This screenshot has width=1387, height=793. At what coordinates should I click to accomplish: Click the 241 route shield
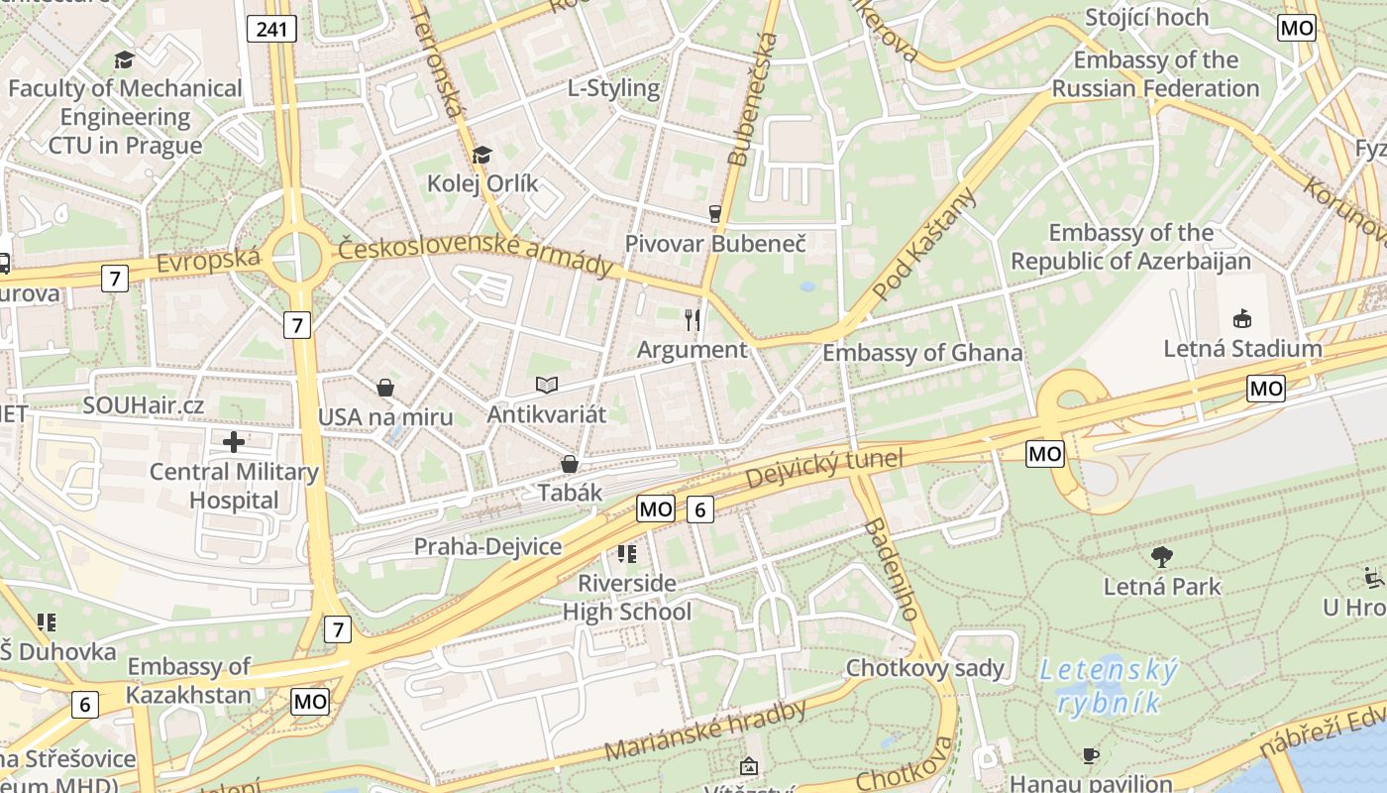(x=271, y=29)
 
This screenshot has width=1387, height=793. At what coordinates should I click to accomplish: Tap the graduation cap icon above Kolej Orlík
(x=482, y=155)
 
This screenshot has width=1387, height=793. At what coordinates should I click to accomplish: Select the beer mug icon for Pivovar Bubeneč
(x=714, y=213)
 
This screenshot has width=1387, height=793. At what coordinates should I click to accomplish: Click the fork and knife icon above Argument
(x=693, y=319)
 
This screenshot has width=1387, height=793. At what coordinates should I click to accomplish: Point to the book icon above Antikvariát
(x=546, y=384)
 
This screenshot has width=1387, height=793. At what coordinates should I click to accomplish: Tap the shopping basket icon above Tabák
(x=570, y=463)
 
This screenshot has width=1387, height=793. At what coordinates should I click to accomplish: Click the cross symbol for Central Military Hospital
(x=234, y=441)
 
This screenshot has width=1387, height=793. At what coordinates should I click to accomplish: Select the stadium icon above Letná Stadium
(x=1241, y=318)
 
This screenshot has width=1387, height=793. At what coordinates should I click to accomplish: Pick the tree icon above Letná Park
(x=1162, y=556)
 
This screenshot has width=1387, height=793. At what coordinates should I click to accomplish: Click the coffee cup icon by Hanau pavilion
(x=1091, y=755)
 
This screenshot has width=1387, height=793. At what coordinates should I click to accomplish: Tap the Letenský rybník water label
(x=1110, y=687)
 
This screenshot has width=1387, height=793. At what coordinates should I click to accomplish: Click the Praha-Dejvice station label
(x=487, y=547)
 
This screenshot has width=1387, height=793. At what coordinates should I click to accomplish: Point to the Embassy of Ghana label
(x=922, y=353)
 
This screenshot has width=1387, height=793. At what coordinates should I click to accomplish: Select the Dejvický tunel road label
(x=824, y=468)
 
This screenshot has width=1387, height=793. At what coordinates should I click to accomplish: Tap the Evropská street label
(x=208, y=263)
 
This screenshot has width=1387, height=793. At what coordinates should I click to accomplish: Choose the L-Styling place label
(x=613, y=88)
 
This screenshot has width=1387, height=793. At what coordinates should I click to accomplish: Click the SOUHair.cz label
(x=144, y=405)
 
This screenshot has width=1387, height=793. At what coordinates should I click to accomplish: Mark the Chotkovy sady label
(x=924, y=668)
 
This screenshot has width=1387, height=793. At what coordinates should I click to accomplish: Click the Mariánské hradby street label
(x=704, y=732)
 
